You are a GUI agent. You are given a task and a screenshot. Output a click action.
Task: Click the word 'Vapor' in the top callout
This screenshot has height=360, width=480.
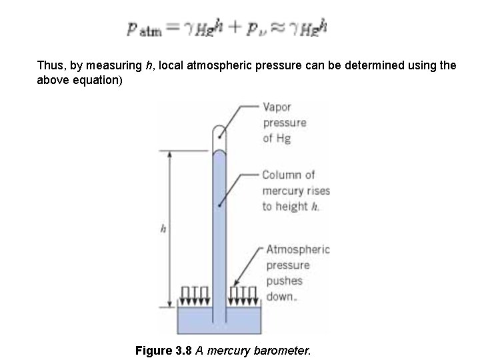tap(277, 107)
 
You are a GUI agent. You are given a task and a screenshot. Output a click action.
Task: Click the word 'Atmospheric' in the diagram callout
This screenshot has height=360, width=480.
tap(297, 250)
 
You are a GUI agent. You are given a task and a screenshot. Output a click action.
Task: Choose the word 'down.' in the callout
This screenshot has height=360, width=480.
tap(280, 297)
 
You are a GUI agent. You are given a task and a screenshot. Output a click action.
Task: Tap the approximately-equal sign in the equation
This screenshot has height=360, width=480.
tap(278, 29)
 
